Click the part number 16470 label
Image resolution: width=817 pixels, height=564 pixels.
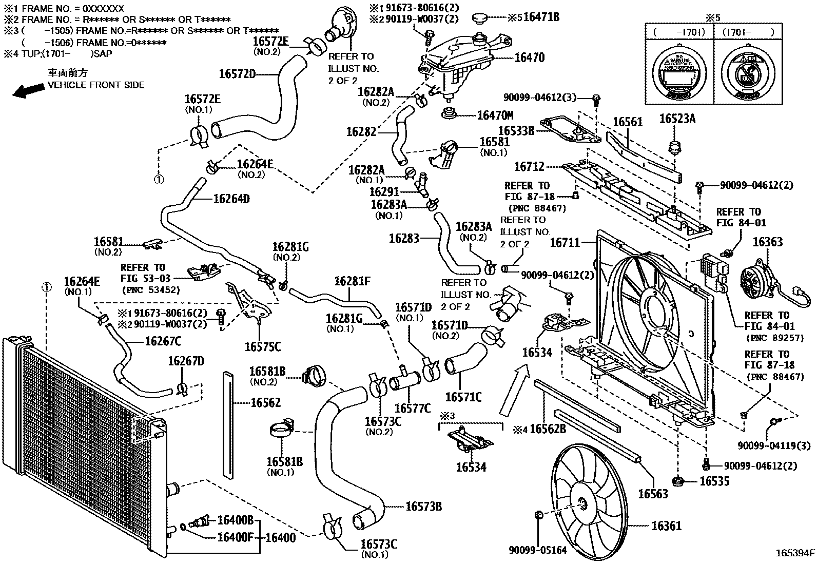[x=529, y=58]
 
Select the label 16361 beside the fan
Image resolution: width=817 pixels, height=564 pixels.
[x=666, y=526]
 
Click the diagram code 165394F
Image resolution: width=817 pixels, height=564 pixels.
[x=795, y=553]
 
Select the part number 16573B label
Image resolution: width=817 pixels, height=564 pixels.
[x=423, y=507]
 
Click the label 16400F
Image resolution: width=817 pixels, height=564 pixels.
[x=235, y=537]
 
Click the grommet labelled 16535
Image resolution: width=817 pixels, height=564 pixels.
[x=677, y=481]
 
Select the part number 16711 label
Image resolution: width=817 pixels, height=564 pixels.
[x=565, y=242]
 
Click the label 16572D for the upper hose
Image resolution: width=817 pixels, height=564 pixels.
[x=237, y=74]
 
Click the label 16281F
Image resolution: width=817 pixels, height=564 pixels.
[x=352, y=281]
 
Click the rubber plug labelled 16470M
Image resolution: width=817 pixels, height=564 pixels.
[x=451, y=114]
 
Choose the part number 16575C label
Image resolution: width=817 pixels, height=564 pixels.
[x=263, y=346]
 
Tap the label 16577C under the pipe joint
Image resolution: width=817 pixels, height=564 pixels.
[x=412, y=409]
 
